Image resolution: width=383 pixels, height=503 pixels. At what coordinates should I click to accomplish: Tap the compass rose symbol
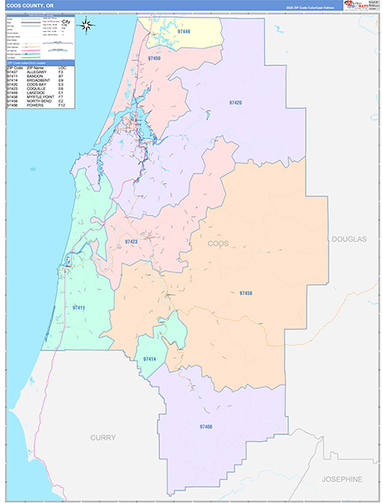coord(86,24)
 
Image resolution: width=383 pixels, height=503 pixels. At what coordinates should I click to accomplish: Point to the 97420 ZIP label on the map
coord(235,101)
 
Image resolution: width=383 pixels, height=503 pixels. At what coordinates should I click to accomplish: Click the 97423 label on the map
coord(131,241)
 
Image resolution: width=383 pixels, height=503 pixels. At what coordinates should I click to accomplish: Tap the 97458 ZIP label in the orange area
coord(246,293)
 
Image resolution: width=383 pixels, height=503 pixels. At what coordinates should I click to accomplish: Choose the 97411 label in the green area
coord(79,308)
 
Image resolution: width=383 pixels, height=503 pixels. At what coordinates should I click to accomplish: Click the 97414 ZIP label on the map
coord(149,359)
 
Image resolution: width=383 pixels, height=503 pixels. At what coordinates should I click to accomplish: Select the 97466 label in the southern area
coord(206,427)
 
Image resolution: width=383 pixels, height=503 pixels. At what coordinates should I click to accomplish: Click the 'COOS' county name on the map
coord(218,243)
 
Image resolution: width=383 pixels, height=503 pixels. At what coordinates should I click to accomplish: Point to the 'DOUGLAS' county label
coord(349,239)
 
